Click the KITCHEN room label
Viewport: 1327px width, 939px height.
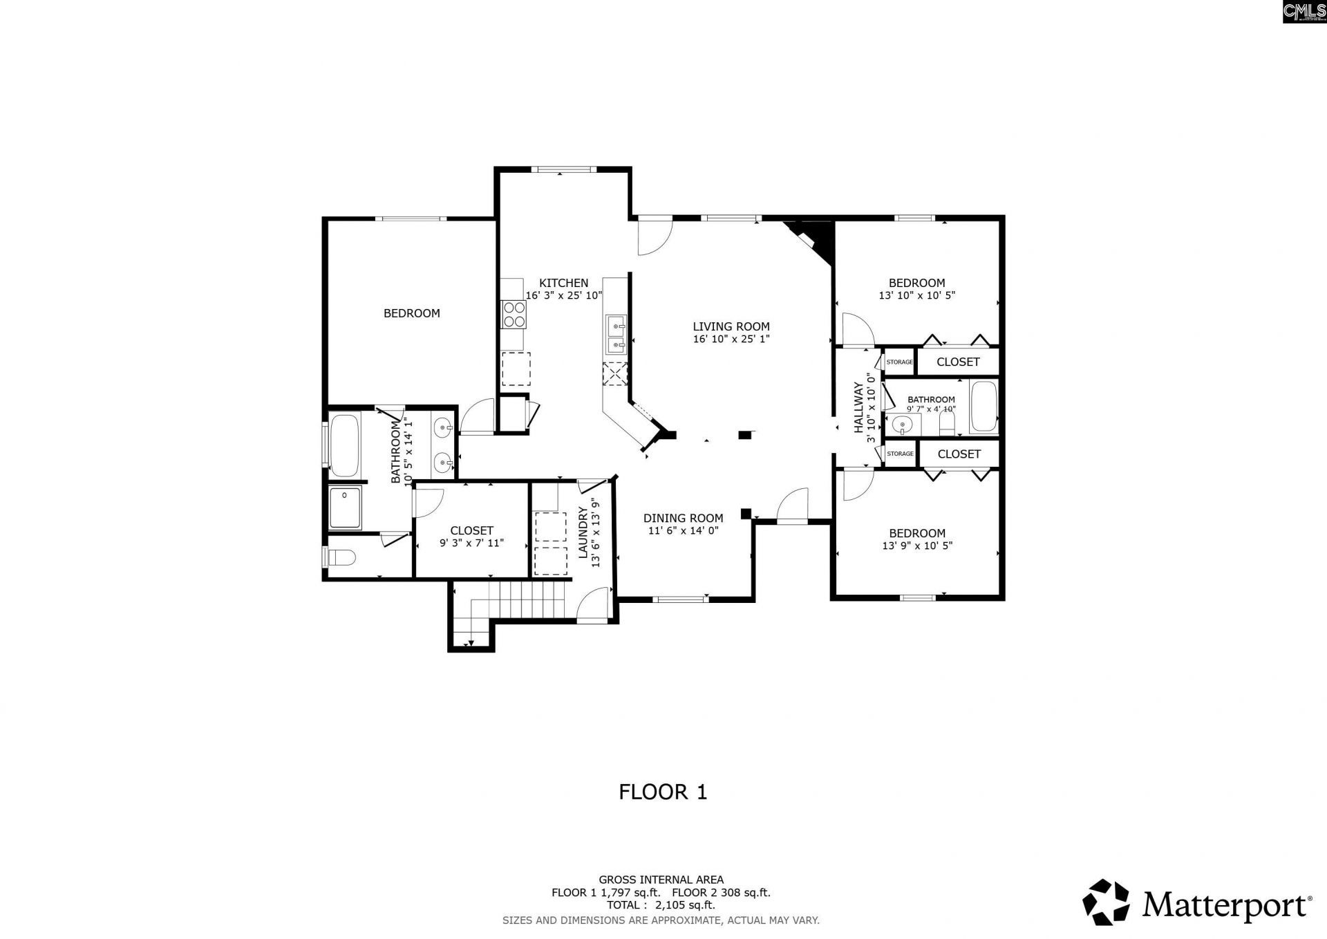click(563, 283)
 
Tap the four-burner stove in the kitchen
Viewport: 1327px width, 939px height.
click(514, 315)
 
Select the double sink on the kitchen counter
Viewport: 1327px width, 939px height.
click(616, 334)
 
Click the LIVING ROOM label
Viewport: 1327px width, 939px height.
click(731, 326)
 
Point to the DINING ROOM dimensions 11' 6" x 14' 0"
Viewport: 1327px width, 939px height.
click(683, 531)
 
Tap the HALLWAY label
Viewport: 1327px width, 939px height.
click(859, 407)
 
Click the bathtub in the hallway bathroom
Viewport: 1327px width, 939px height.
click(984, 407)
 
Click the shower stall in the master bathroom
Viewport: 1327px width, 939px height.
click(345, 508)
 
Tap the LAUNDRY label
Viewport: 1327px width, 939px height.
click(583, 532)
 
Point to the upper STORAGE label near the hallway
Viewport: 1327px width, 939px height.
click(899, 362)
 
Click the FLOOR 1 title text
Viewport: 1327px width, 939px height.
click(663, 792)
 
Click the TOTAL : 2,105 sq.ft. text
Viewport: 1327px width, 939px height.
click(661, 904)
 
